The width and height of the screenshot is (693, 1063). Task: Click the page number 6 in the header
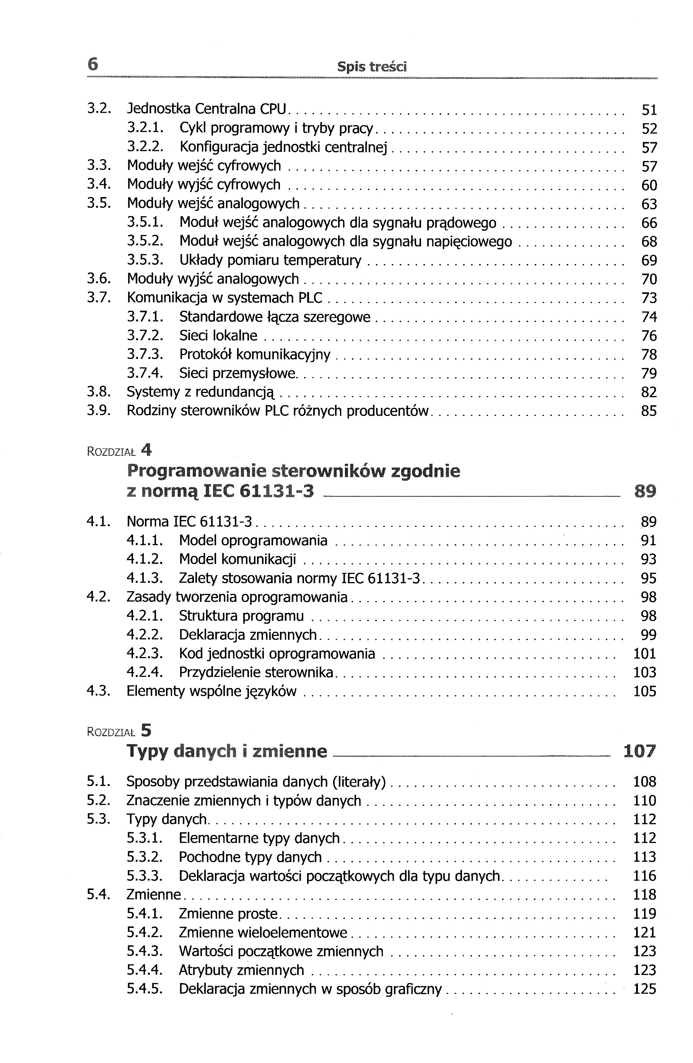pos(93,65)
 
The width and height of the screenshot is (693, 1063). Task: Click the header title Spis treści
pos(372,67)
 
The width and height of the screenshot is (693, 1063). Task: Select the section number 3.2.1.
pos(145,128)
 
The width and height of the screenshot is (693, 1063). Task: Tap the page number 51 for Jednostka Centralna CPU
pos(649,110)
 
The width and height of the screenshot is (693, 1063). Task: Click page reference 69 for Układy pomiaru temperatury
pos(649,260)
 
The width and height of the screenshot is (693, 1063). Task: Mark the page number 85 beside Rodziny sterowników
pos(649,411)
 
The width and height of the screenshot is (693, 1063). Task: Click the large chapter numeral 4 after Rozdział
pos(146,450)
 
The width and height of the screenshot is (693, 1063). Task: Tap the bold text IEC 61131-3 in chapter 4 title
pos(259,491)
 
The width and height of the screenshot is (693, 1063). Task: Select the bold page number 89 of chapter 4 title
pos(645,491)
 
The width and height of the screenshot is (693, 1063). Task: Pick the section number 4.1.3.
pos(145,579)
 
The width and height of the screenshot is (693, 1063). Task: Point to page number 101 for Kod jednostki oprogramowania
pos(645,654)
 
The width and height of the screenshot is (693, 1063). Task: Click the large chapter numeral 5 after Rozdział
pos(146,731)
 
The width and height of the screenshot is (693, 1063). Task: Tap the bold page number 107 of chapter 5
pos(640,751)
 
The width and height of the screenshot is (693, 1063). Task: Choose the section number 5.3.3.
pos(145,876)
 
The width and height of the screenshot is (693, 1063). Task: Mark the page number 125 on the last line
pos(645,989)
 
